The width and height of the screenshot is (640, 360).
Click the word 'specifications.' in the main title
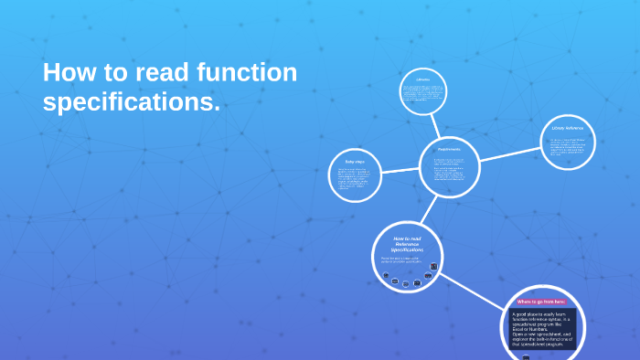pos(132,103)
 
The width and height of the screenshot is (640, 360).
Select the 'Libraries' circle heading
pos(422,80)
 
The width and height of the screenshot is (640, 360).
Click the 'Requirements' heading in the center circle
pos(449,148)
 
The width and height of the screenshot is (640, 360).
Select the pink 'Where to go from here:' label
pos(541,302)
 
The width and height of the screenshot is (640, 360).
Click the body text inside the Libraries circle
pos(422,96)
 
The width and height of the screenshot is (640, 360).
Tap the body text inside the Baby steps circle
pos(354,181)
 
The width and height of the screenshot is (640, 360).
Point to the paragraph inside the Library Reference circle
pos(568,146)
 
